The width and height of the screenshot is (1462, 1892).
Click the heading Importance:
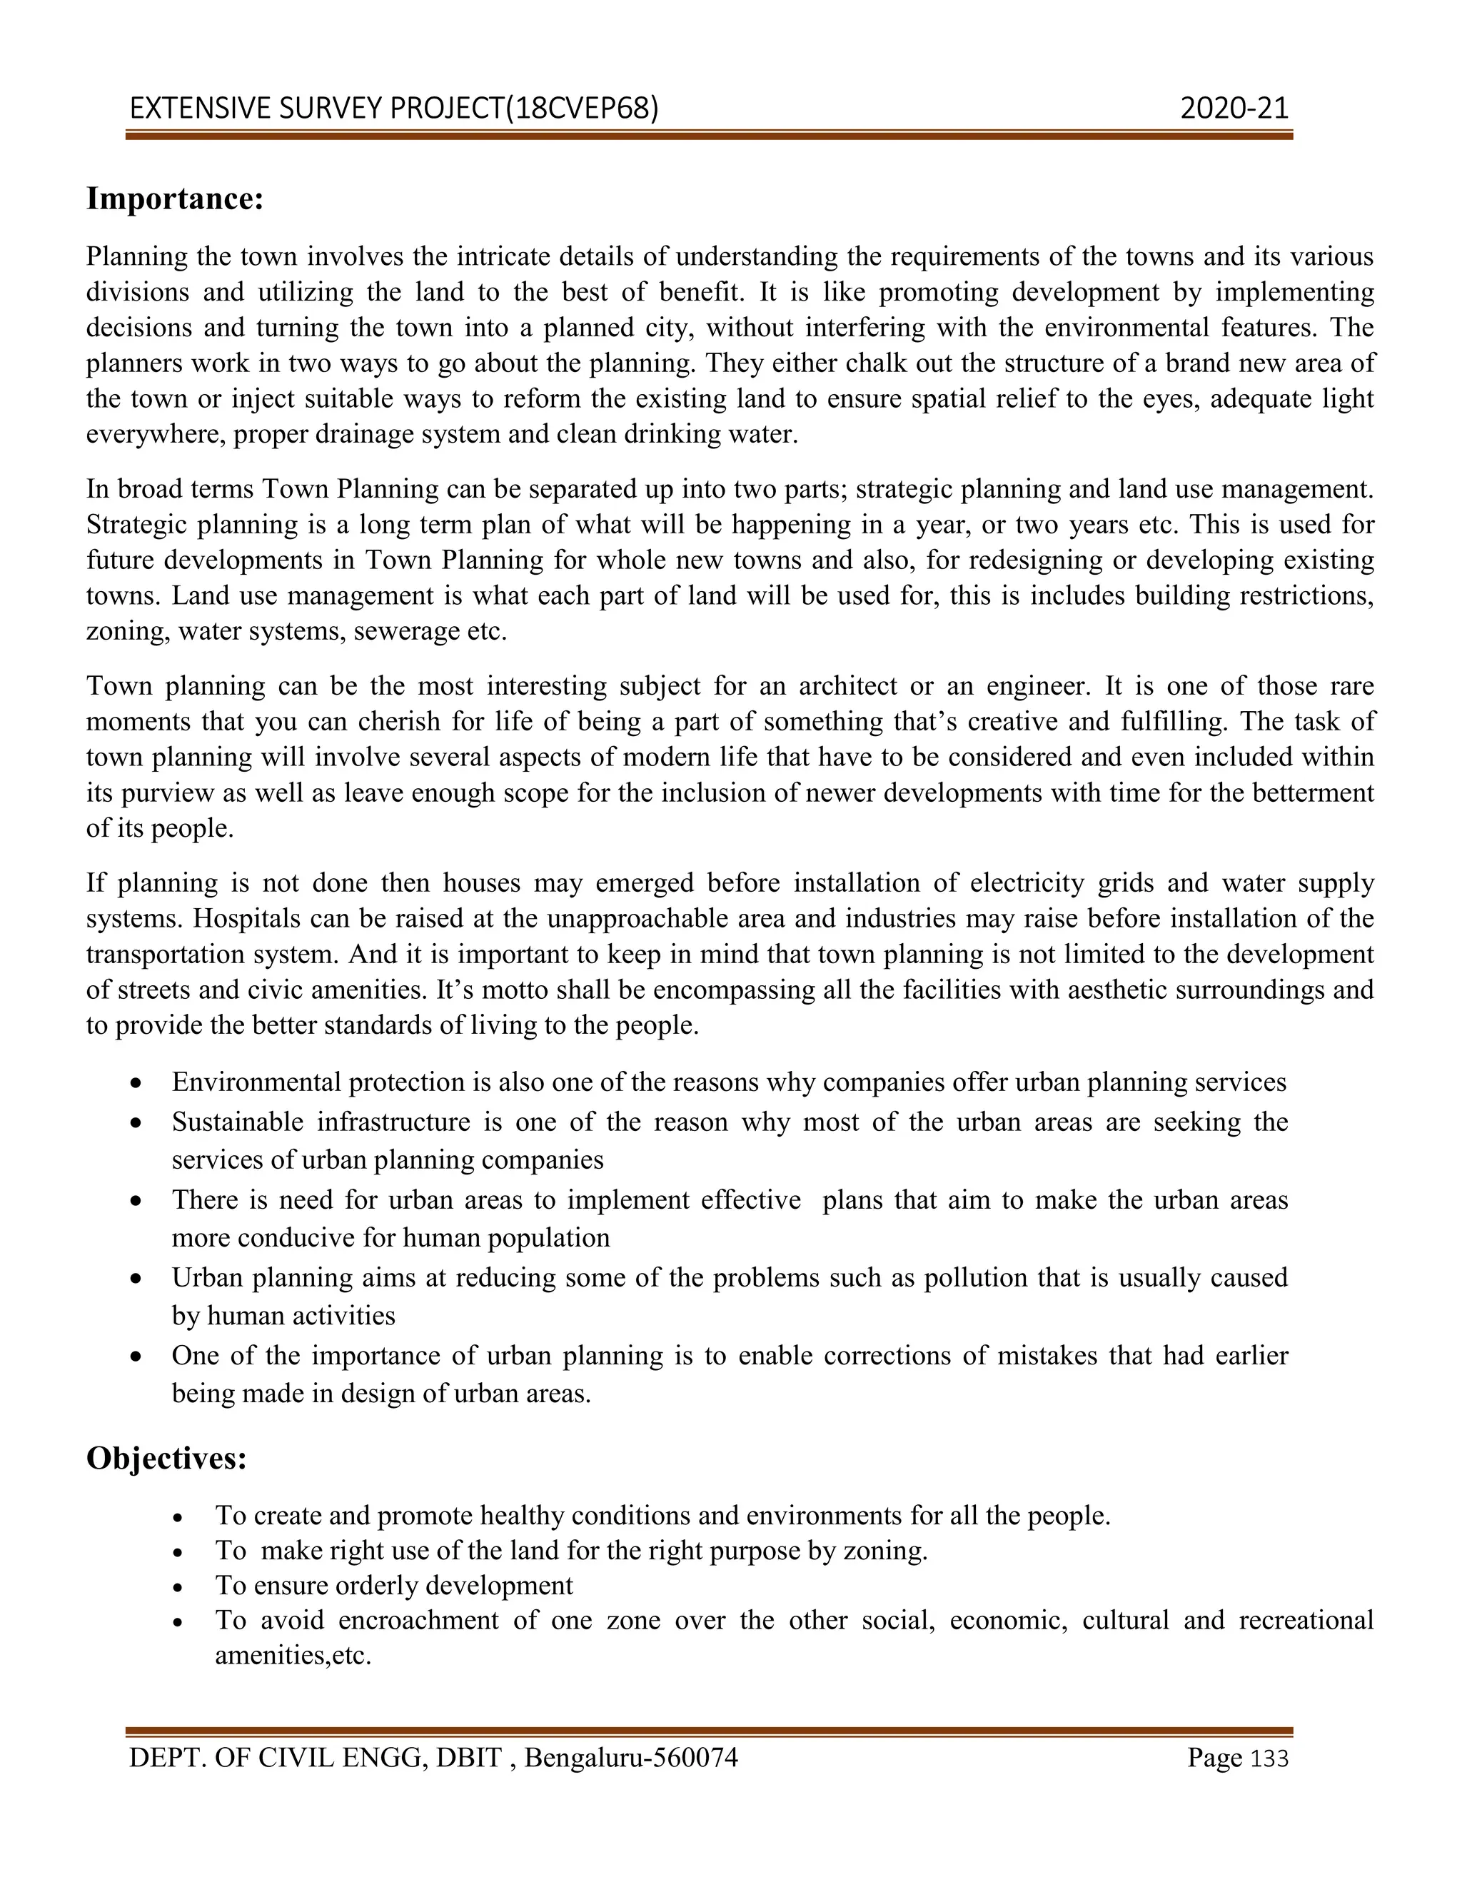[174, 199]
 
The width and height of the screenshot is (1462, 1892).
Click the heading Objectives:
[166, 1458]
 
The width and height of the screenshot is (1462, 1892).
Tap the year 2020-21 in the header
[1234, 109]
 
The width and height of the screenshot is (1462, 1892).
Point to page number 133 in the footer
[1271, 1758]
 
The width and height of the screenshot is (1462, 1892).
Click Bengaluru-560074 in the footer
[630, 1758]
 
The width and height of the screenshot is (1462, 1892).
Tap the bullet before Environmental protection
[136, 1084]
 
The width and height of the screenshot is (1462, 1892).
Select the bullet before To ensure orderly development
[178, 1587]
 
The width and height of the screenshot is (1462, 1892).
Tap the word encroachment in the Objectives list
[418, 1621]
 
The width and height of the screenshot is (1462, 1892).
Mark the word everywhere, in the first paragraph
[156, 434]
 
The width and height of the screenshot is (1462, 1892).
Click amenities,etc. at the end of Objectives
[293, 1656]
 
